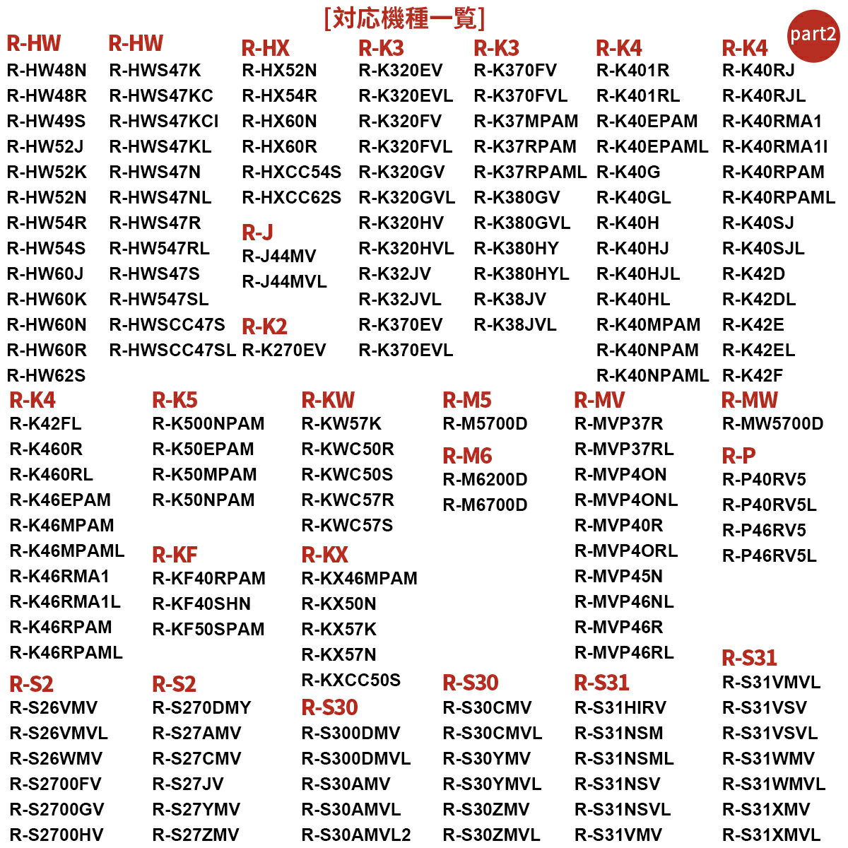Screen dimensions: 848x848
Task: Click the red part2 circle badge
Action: [813, 35]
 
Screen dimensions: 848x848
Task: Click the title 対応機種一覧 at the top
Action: [404, 18]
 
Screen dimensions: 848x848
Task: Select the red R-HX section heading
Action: [266, 48]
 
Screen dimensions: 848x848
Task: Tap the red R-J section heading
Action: [257, 232]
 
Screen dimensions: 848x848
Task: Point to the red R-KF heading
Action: [175, 555]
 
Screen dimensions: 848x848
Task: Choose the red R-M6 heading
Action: [467, 456]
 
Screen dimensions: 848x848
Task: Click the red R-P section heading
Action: [738, 456]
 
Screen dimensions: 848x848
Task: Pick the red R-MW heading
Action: [749, 400]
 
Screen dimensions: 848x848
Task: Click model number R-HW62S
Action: [47, 375]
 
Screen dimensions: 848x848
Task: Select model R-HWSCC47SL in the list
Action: [172, 350]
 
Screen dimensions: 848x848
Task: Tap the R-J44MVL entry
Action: [284, 282]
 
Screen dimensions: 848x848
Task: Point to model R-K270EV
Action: [284, 350]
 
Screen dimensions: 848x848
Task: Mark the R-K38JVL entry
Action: [515, 324]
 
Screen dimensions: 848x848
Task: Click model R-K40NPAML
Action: [652, 375]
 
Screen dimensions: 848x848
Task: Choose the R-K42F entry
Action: [753, 375]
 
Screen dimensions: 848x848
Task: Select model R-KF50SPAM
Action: [208, 629]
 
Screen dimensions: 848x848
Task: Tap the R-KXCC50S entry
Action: [351, 680]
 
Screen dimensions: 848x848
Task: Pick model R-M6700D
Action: [485, 505]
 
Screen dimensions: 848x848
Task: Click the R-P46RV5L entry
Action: [769, 555]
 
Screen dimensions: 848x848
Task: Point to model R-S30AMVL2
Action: [356, 835]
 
